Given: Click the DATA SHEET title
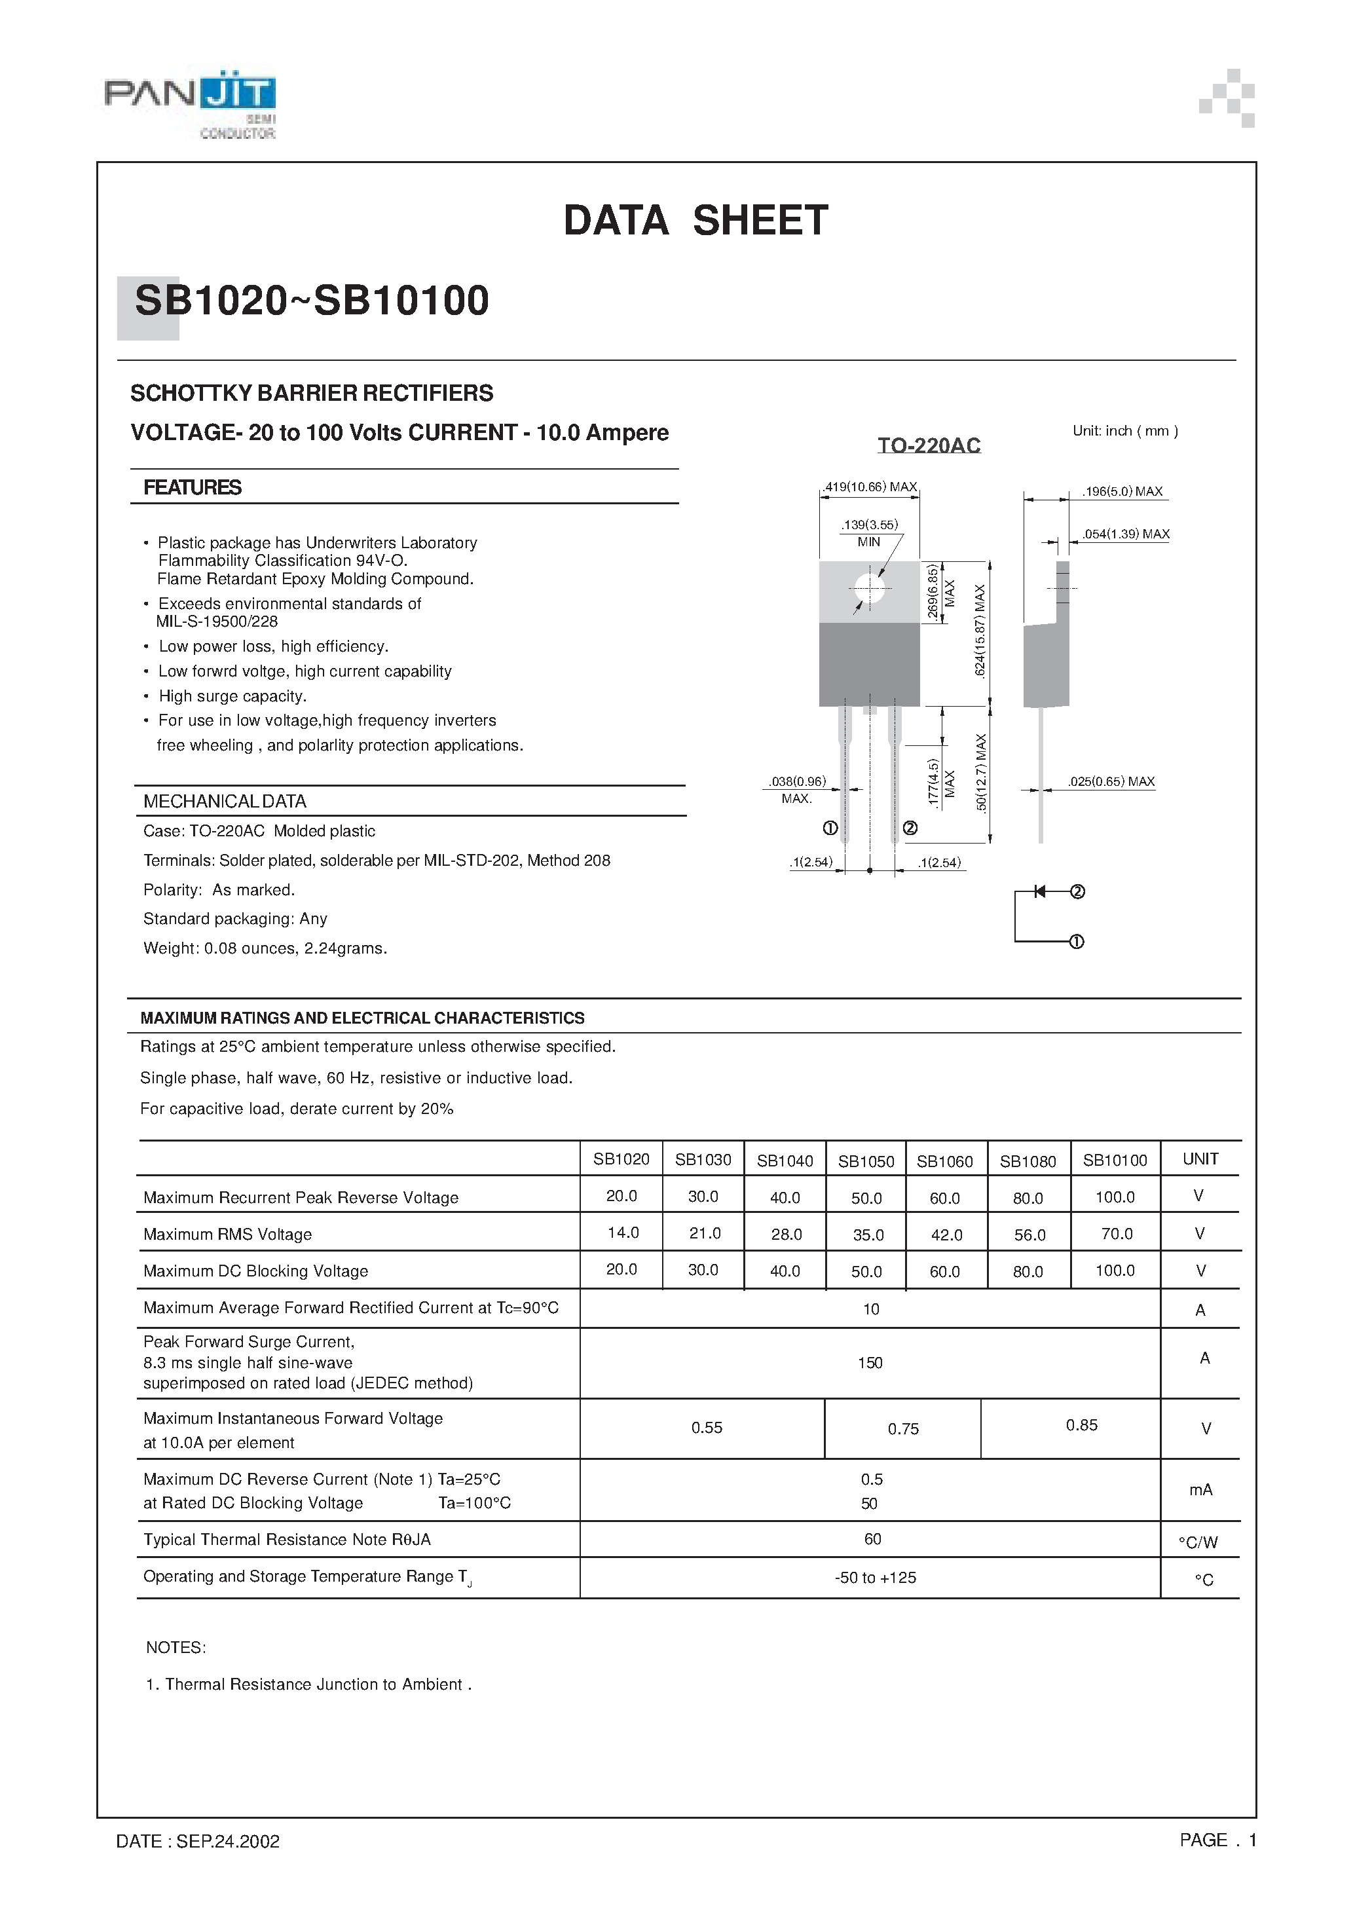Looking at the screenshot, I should tap(695, 221).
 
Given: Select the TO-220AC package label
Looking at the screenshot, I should tap(929, 445).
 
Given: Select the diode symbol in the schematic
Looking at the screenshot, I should tap(1040, 891).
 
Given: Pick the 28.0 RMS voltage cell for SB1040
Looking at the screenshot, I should tap(786, 1235).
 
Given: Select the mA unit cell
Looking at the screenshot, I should tap(1200, 1490).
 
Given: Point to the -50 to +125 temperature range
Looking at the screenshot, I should tap(875, 1577).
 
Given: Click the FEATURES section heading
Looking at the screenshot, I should tap(193, 488).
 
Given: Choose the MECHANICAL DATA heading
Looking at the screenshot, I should tap(225, 802).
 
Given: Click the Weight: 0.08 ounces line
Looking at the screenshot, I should tap(265, 948).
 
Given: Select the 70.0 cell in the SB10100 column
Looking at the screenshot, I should tap(1116, 1234).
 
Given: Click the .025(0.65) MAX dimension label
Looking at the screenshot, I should tap(1111, 781).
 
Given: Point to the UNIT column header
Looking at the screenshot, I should tap(1200, 1159).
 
